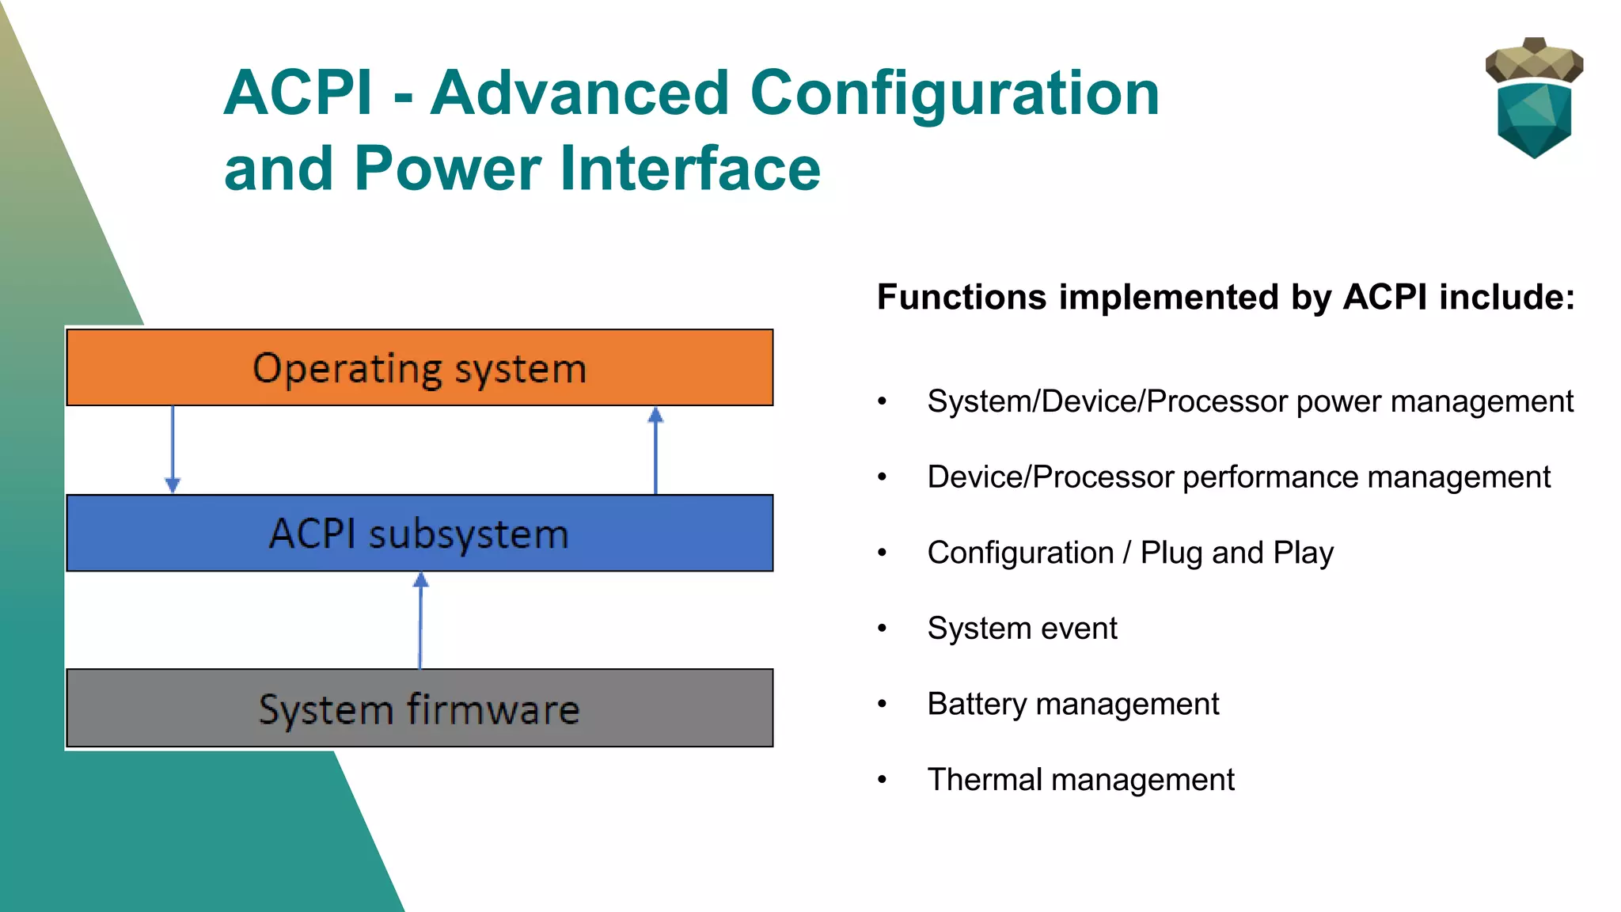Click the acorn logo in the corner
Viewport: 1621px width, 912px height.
(1534, 99)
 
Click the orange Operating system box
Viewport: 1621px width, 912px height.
(419, 368)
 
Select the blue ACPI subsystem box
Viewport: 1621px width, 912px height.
(419, 534)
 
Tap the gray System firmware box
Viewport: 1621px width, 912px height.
(419, 709)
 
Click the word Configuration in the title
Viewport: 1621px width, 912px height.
(954, 93)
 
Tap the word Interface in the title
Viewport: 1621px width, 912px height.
(690, 169)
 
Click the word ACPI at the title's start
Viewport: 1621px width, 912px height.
(298, 93)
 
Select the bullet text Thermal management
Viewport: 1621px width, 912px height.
(1080, 780)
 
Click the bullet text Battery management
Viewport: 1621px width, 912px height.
(1072, 704)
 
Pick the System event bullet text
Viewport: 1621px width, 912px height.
(1022, 629)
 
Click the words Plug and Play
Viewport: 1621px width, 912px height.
(1236, 553)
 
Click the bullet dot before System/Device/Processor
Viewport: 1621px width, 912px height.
(882, 402)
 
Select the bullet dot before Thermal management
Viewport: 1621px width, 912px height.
(882, 781)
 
